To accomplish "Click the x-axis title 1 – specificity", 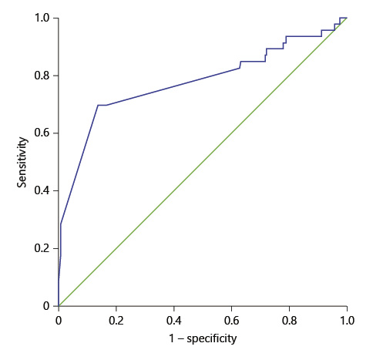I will (x=203, y=338).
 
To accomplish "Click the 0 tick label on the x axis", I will (x=59, y=317).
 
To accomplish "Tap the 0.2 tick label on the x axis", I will (x=116, y=317).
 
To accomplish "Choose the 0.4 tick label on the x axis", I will (x=174, y=317).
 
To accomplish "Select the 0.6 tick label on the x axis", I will (x=232, y=317).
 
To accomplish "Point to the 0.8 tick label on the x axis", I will (x=290, y=317).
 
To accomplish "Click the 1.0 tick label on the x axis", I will (x=347, y=317).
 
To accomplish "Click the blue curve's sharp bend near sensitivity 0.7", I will (x=98, y=105).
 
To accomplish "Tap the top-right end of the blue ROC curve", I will (x=347, y=18).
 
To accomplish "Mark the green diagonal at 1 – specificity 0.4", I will (x=174, y=190).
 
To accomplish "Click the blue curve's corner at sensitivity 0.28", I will (x=61, y=224).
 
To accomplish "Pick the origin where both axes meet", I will (x=59, y=306).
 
